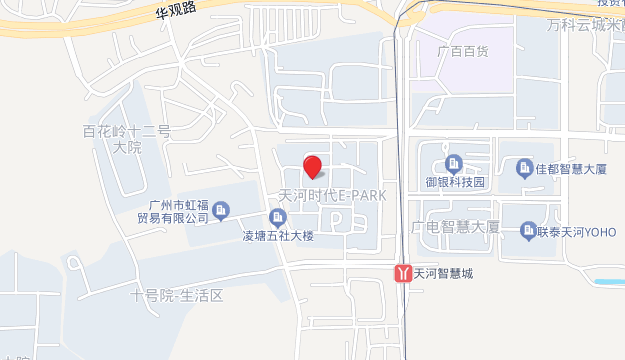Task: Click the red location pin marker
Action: tap(312, 167)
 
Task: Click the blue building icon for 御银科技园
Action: tap(454, 163)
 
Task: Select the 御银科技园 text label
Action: tap(454, 182)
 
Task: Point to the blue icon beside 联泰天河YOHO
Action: tap(527, 234)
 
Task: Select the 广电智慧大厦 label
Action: tap(455, 227)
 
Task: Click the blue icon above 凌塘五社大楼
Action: tap(278, 217)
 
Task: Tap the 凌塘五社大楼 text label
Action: tap(279, 237)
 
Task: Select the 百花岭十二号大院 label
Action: tap(127, 139)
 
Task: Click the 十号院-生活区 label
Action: tap(175, 295)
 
